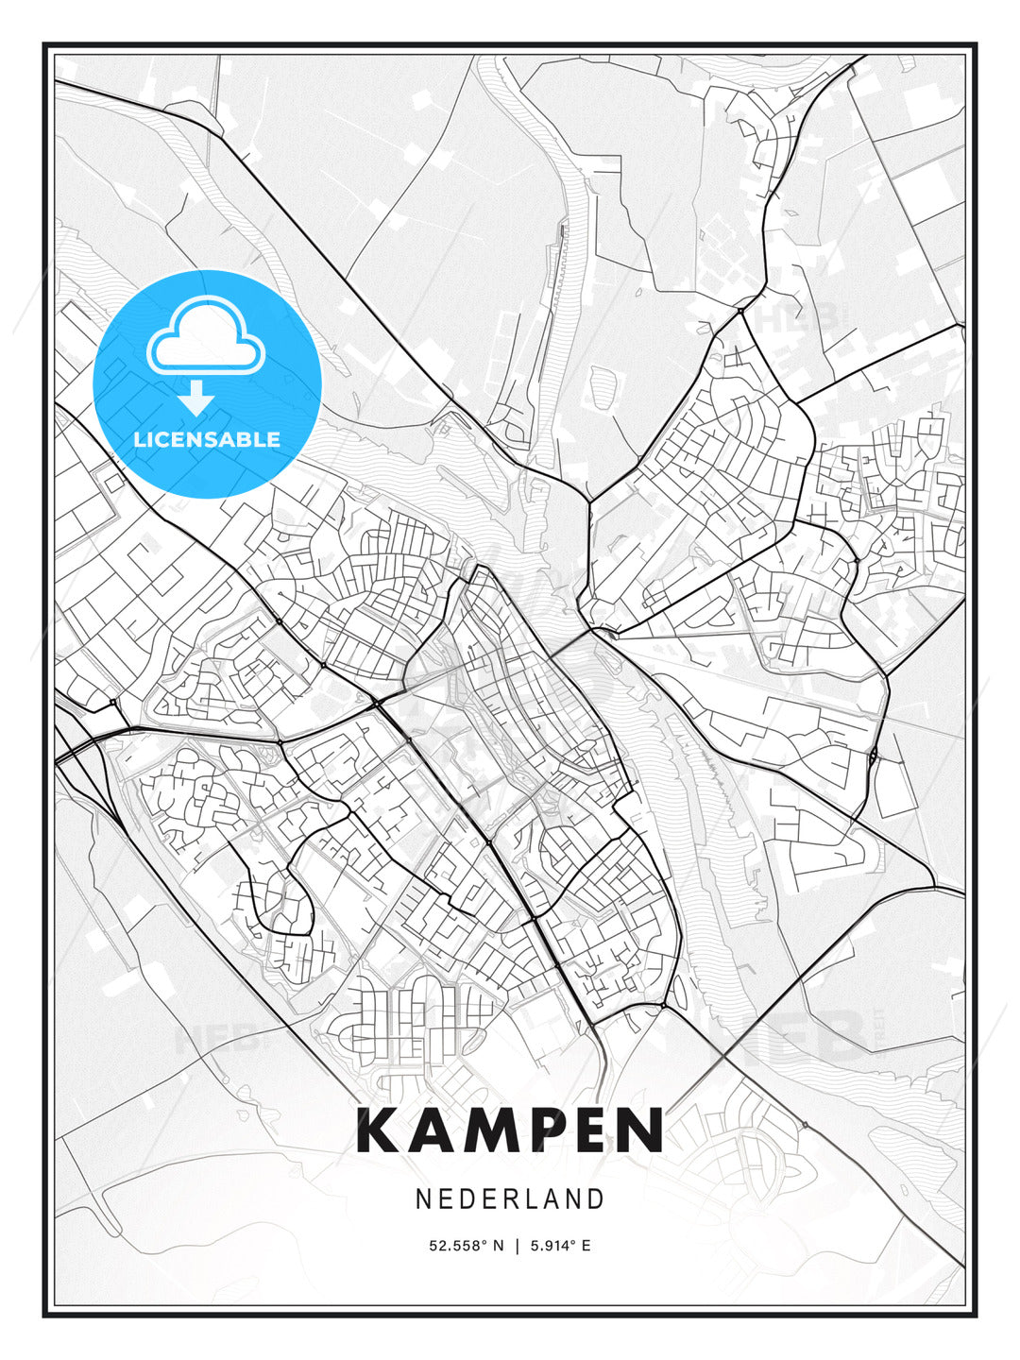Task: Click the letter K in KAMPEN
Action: (380, 1130)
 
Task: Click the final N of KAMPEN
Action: (643, 1130)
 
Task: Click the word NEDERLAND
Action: (510, 1198)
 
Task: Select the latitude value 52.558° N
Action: (467, 1246)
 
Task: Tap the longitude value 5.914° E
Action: (560, 1246)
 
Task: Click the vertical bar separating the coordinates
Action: (517, 1246)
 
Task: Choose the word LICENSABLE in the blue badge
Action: (207, 439)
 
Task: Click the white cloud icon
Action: (205, 338)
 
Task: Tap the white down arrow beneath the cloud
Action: (196, 397)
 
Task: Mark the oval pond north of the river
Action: (605, 385)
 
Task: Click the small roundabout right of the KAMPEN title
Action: (805, 1125)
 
